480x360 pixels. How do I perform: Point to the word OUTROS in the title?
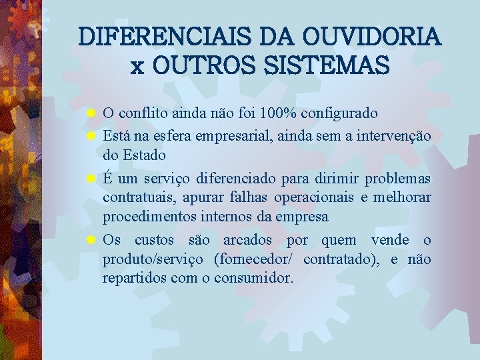click(x=198, y=65)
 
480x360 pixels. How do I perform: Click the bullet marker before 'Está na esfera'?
click(x=93, y=137)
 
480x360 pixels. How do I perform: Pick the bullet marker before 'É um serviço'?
click(x=93, y=179)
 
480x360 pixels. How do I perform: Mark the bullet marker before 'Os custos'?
click(x=93, y=240)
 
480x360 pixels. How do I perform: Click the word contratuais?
click(x=137, y=198)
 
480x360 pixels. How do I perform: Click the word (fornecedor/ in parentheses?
click(x=255, y=259)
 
